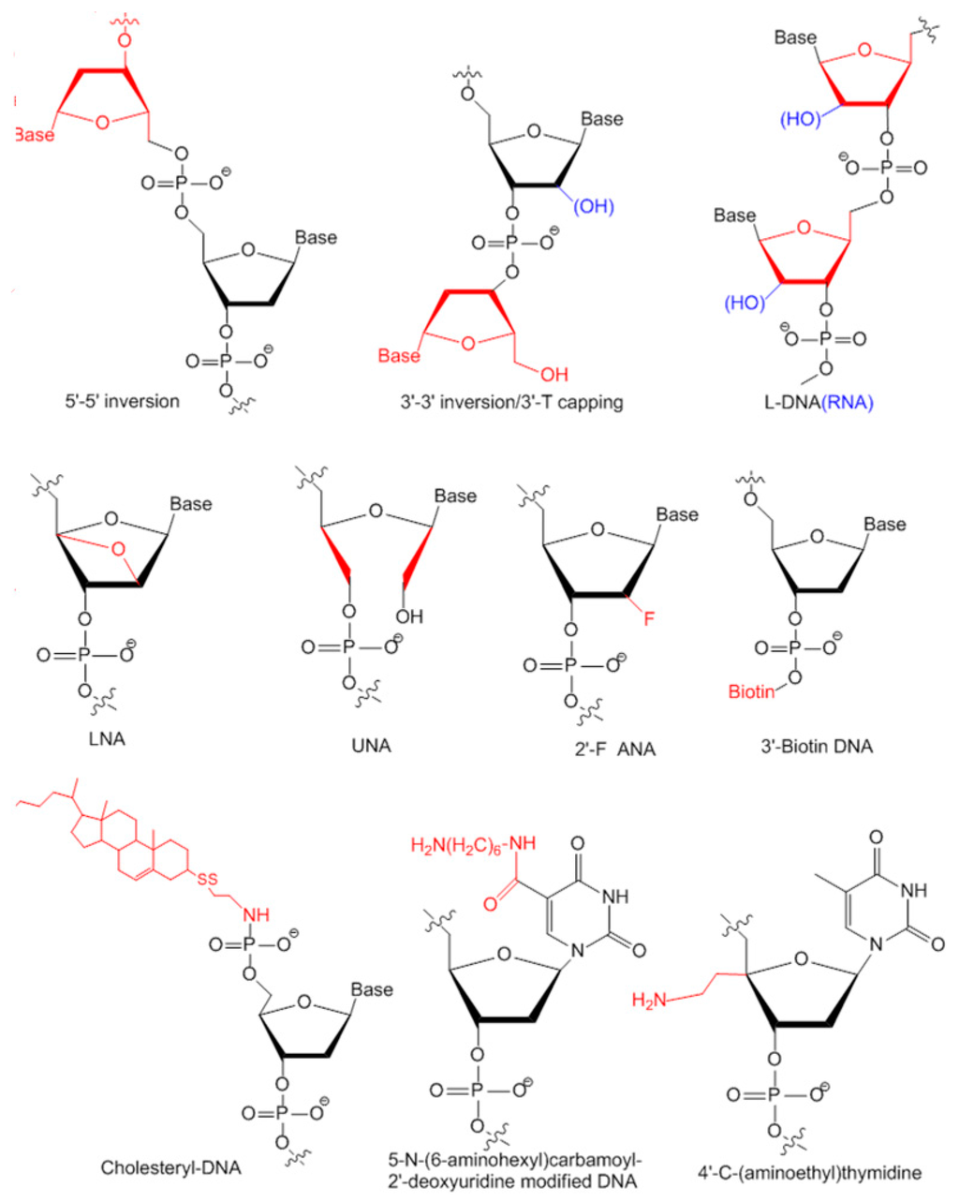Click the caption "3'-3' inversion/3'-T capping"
click(x=511, y=403)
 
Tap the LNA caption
click(x=107, y=739)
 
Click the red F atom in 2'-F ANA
click(x=648, y=618)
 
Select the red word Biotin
click(x=752, y=692)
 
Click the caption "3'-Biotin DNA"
click(x=817, y=747)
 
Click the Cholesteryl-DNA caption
click(x=170, y=1167)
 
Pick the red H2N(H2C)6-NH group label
click(x=473, y=845)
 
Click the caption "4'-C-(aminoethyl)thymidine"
click(x=809, y=1172)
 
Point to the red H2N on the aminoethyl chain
click(x=649, y=1001)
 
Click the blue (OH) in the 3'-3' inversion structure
click(x=593, y=205)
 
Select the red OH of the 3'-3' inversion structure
click(x=553, y=374)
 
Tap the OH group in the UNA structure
click(x=409, y=616)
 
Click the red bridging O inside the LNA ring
click(x=118, y=549)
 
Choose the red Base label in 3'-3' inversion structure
click(x=399, y=355)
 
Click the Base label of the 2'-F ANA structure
click(x=677, y=514)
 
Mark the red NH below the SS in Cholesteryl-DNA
click(x=255, y=914)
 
